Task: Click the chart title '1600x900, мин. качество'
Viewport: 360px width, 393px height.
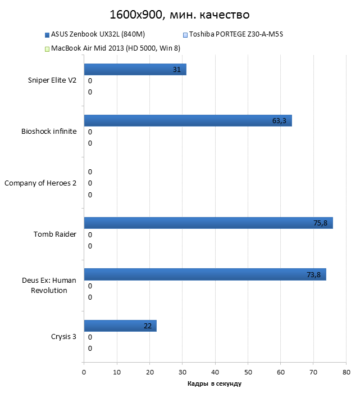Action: click(x=180, y=14)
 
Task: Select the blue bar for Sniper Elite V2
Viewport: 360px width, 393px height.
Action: click(x=135, y=70)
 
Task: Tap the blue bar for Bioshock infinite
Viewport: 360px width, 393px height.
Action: click(x=188, y=120)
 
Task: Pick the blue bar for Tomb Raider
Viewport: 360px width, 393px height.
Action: click(x=208, y=223)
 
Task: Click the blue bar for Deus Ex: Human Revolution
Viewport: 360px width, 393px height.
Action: click(x=204, y=274)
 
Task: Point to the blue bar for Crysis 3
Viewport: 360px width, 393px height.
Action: click(x=120, y=326)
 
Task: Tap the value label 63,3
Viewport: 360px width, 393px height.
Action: click(x=279, y=120)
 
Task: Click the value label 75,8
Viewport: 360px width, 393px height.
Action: click(x=320, y=223)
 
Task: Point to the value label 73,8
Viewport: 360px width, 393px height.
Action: click(x=313, y=274)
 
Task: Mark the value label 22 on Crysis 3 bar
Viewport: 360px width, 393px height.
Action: click(x=148, y=326)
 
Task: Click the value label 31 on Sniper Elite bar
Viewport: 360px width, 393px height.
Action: click(x=177, y=70)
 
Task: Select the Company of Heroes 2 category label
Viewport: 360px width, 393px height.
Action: click(x=40, y=183)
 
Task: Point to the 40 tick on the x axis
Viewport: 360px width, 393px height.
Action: click(x=215, y=372)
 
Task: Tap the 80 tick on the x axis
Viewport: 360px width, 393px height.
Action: click(x=347, y=372)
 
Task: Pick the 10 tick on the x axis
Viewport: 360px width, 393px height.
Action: click(x=117, y=372)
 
